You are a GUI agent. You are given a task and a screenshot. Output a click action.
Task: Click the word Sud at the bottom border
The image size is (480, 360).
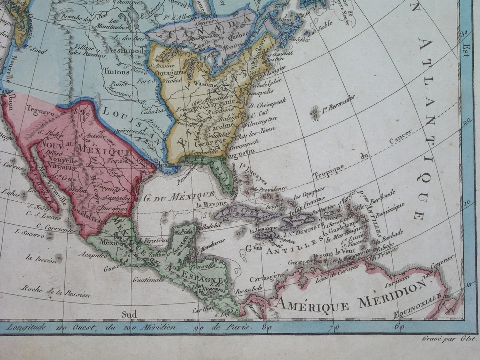pos(129,314)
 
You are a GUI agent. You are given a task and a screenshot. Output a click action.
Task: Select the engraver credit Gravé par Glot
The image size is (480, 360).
pos(448,339)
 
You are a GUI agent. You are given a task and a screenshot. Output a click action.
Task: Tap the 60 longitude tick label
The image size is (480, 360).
pos(399,327)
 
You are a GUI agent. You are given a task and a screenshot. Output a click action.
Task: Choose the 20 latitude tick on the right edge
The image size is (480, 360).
pos(467,121)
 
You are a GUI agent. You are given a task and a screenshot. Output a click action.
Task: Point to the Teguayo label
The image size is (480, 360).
pos(40,113)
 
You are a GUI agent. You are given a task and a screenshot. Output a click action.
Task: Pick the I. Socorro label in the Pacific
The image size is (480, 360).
pos(30,232)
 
